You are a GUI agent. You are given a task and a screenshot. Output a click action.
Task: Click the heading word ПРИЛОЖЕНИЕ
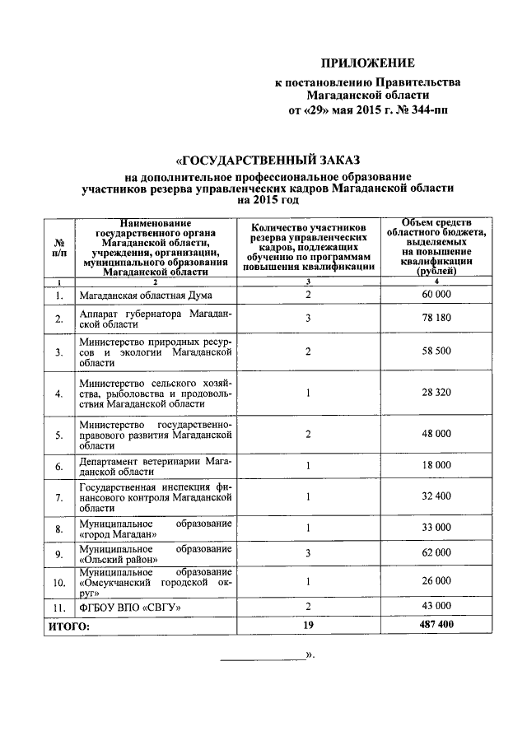[367, 63]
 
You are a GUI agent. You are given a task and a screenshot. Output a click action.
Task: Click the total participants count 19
[308, 626]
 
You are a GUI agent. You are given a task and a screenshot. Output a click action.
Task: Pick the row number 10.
[58, 584]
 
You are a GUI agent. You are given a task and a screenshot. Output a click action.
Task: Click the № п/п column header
[58, 249]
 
